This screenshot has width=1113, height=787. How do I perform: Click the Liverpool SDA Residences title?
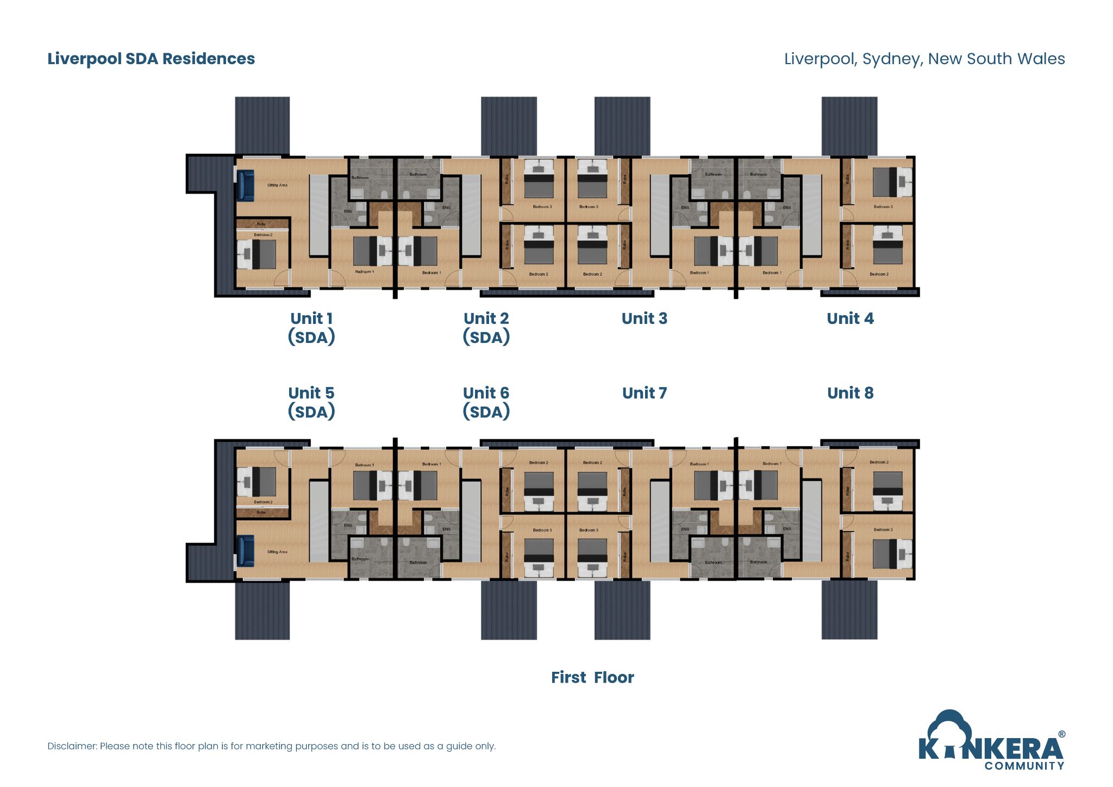[151, 59]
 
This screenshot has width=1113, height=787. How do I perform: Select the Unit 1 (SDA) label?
[311, 328]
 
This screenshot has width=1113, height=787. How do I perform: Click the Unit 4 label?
[850, 318]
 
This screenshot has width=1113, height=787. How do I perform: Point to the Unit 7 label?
[644, 393]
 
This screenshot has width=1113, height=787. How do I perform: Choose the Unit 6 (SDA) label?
[486, 402]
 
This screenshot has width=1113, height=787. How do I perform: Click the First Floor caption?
[592, 677]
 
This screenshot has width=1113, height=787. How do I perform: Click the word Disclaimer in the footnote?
[72, 746]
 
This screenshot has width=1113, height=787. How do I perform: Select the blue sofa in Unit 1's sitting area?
[245, 185]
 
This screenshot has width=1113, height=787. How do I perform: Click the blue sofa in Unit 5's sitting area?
[245, 551]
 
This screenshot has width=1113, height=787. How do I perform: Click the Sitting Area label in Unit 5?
[277, 552]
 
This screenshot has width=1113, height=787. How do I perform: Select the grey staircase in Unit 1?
[319, 215]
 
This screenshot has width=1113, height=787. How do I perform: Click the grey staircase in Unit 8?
[811, 521]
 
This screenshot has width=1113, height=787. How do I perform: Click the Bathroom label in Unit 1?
[360, 178]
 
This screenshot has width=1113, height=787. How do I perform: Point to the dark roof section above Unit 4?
[849, 126]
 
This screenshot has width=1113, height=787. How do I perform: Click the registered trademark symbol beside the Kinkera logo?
[1061, 734]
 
